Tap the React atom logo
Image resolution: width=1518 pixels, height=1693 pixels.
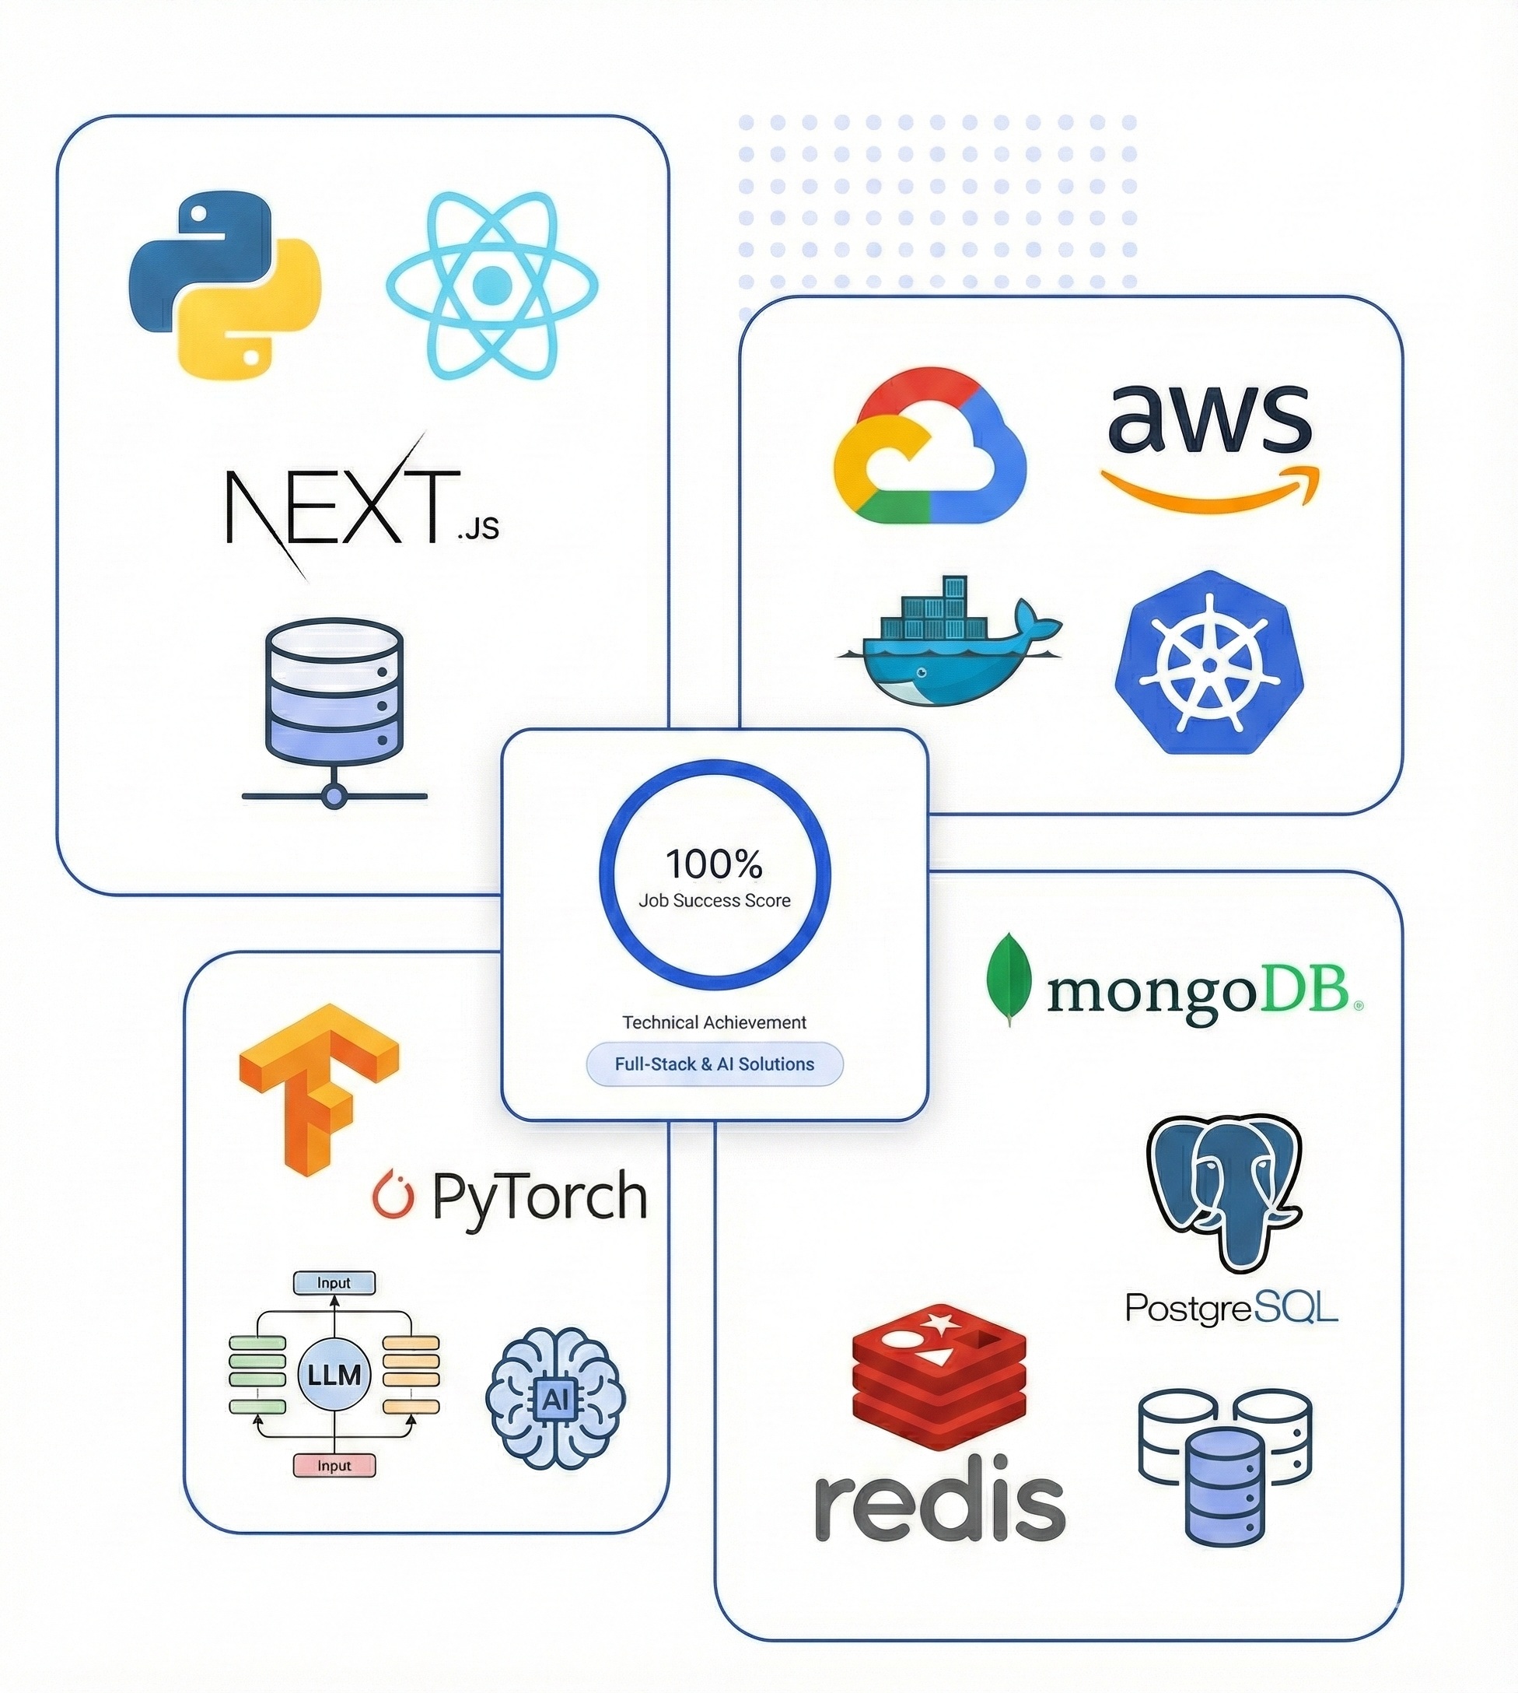492,285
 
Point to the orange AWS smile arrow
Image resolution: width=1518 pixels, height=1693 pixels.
1209,490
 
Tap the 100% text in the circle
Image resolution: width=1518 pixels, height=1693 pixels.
714,864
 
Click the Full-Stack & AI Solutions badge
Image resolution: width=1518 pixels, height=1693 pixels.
714,1064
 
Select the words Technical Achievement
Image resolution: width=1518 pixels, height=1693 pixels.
714,1022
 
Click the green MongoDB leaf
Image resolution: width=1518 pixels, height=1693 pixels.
1009,978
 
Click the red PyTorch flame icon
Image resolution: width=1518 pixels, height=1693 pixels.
393,1195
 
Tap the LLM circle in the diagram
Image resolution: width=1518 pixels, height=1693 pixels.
334,1374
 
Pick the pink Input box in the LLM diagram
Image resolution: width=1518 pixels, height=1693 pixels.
334,1465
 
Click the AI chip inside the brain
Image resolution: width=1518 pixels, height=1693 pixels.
554,1398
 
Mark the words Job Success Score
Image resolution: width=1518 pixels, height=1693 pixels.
714,900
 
